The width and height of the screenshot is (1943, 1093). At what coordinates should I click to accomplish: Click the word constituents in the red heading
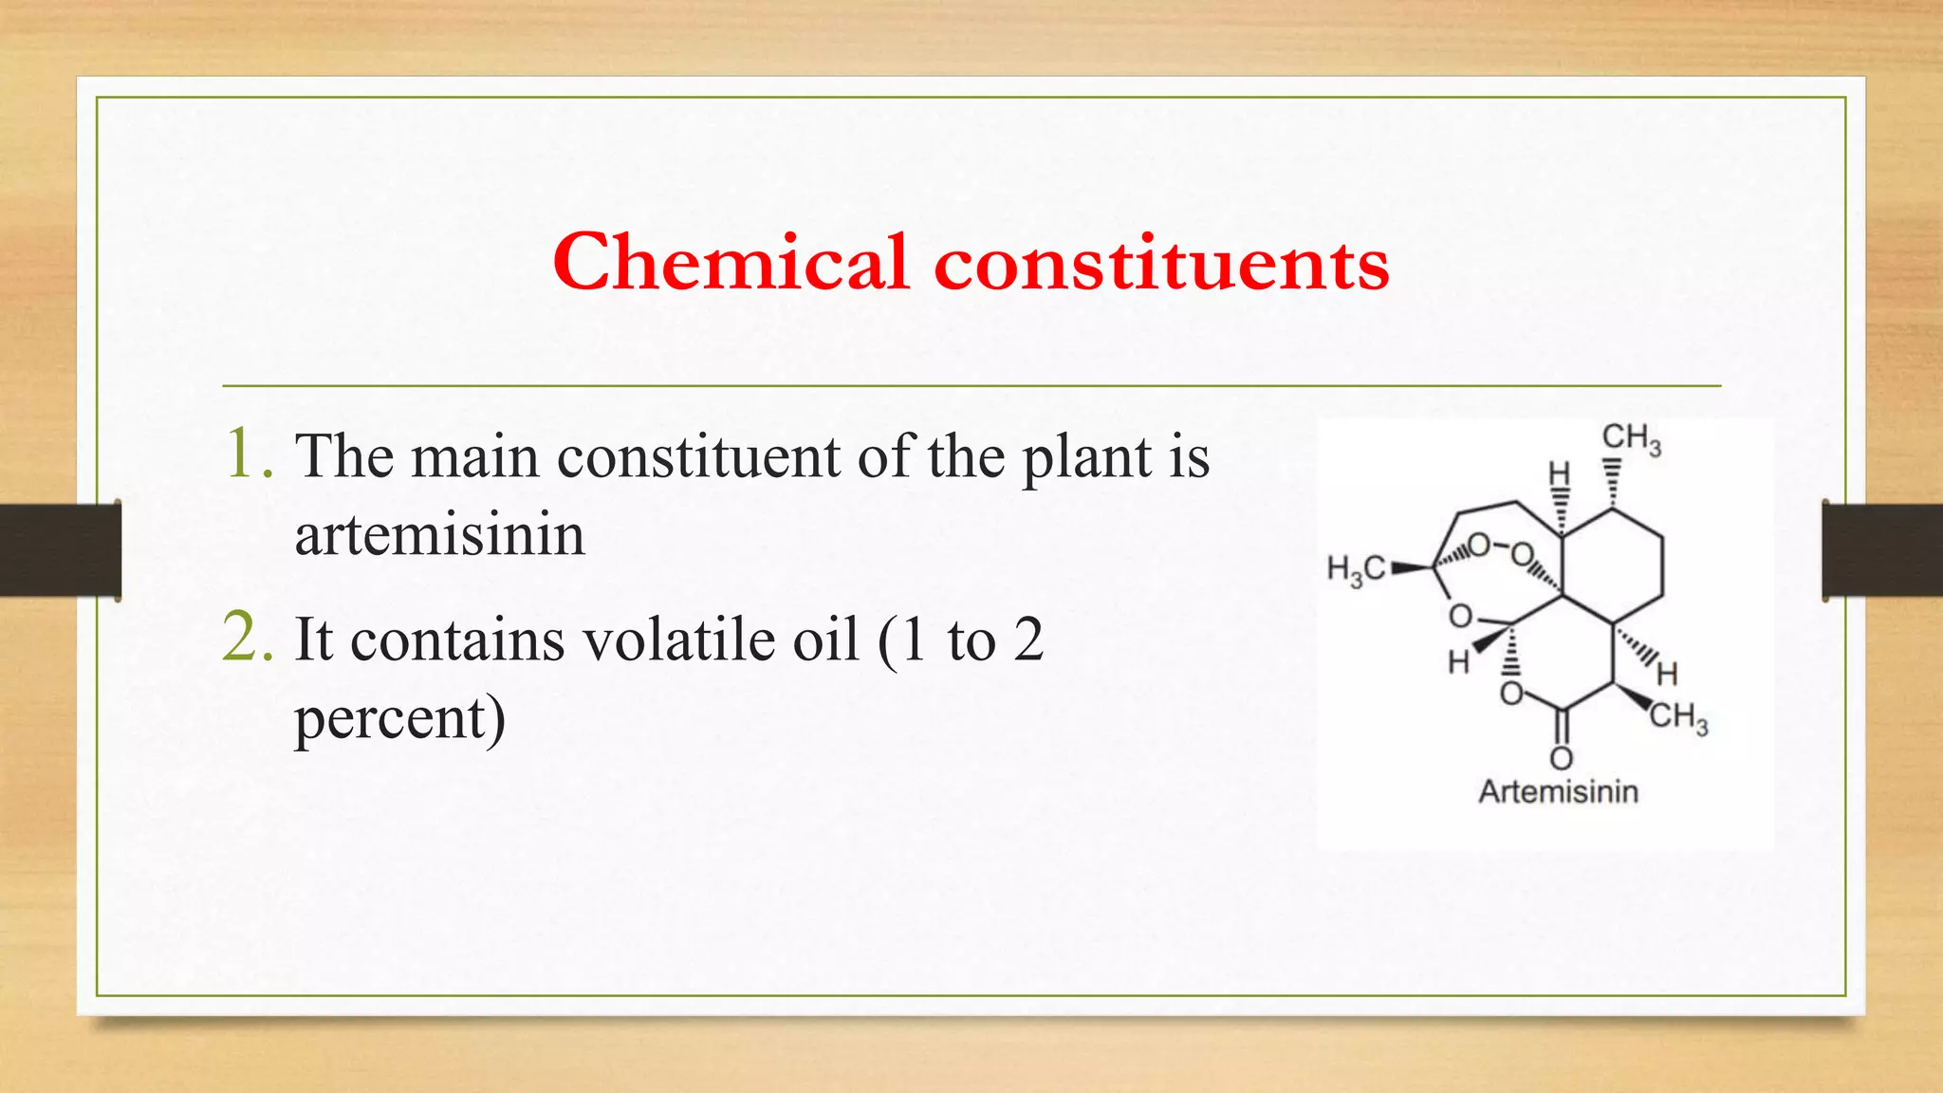point(1161,264)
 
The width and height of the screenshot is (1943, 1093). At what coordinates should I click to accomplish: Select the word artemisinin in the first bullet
point(439,534)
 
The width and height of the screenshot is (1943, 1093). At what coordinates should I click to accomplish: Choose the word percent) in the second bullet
point(399,718)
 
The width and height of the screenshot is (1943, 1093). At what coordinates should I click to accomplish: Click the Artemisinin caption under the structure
point(1558,791)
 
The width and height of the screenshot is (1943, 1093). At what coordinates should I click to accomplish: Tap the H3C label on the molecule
point(1356,569)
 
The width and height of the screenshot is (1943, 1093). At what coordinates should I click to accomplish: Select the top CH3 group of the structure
point(1631,438)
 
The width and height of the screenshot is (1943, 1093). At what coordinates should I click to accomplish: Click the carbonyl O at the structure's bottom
point(1561,758)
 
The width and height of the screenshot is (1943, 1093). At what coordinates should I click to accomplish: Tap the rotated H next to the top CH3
point(1559,473)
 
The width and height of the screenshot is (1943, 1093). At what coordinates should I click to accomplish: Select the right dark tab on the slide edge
point(1882,549)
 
